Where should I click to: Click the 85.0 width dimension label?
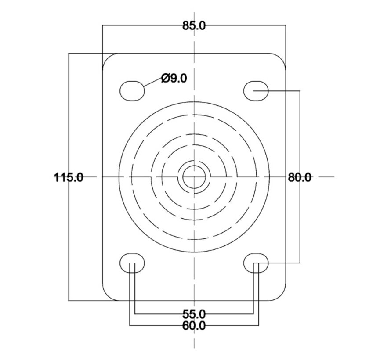tap(194, 25)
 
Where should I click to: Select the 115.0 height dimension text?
tap(69, 177)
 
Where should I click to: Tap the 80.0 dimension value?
tap(300, 177)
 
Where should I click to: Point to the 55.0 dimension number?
tap(194, 314)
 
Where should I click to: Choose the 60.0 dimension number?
tap(194, 325)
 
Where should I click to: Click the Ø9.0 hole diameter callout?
tap(174, 78)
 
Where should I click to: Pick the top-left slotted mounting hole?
tap(132, 91)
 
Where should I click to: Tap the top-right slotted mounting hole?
tap(256, 91)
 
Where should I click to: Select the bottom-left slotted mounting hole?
tap(132, 263)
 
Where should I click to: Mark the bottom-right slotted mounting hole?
tap(256, 263)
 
